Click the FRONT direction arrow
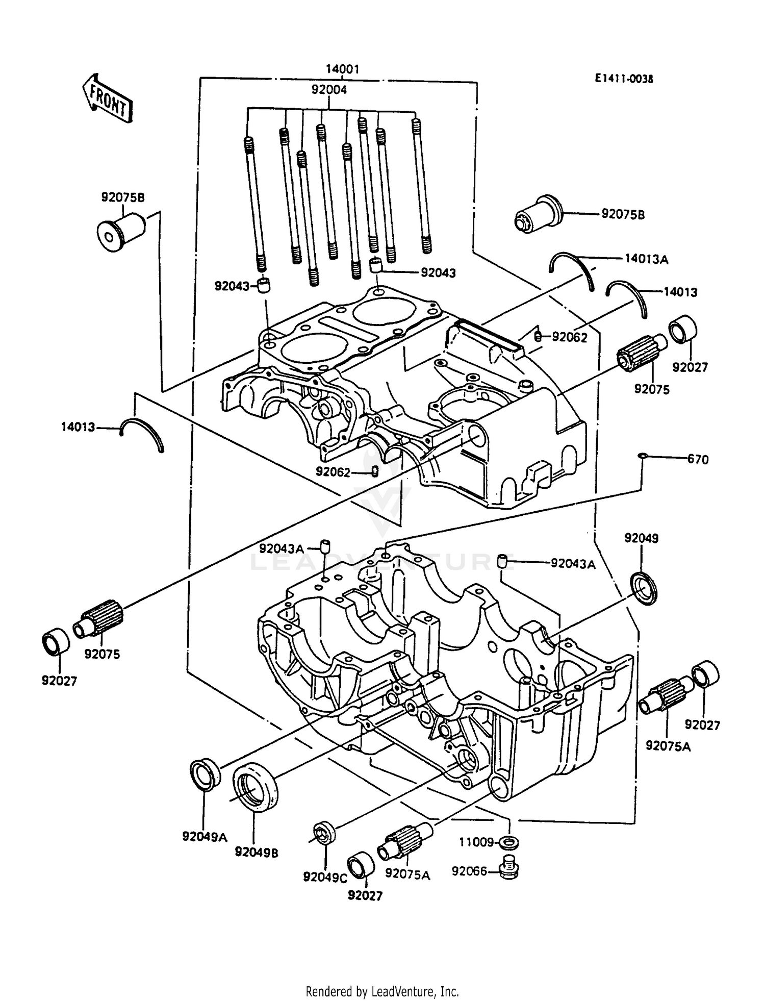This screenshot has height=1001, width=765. (x=107, y=97)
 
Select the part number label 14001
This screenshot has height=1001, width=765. (x=343, y=69)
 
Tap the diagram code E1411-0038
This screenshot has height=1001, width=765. (x=623, y=79)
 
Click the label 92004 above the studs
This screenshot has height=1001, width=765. (x=329, y=89)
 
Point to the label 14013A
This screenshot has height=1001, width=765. (x=646, y=259)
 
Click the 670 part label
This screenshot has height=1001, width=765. (x=698, y=460)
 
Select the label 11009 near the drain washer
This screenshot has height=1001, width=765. (x=476, y=842)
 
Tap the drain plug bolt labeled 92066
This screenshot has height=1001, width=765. (x=508, y=867)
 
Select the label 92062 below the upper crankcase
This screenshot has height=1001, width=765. (x=333, y=472)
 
